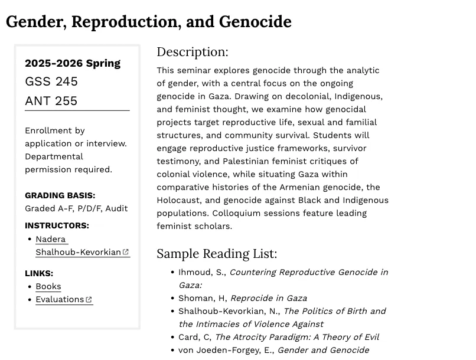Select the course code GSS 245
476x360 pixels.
click(51, 81)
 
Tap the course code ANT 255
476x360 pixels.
click(51, 101)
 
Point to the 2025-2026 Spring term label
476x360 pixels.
click(73, 63)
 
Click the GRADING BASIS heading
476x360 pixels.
click(60, 195)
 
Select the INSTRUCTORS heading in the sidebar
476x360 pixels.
click(57, 225)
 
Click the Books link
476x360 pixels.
click(48, 286)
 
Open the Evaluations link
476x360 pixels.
click(60, 299)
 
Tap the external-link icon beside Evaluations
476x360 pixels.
click(89, 300)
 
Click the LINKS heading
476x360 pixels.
click(39, 273)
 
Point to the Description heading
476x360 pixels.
click(192, 52)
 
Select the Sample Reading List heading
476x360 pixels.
click(217, 254)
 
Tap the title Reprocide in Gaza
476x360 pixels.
click(269, 298)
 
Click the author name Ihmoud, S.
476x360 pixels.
click(201, 272)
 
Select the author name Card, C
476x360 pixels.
click(194, 337)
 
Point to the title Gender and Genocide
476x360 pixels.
click(323, 350)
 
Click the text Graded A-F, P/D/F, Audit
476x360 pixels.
click(76, 208)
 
